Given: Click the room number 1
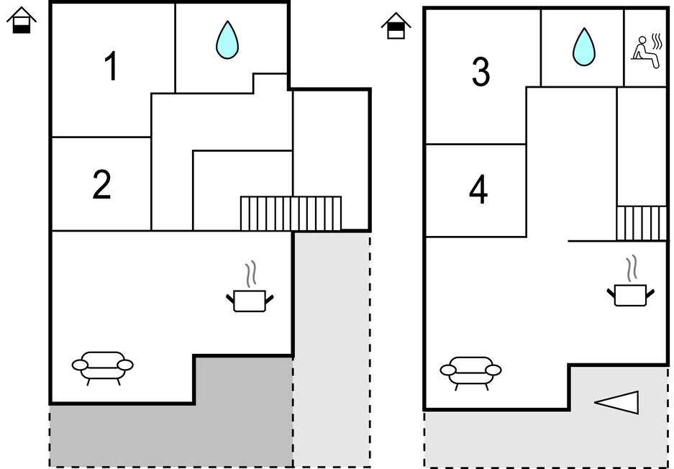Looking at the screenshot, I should coord(111,67).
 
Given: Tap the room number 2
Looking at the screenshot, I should coord(102,185).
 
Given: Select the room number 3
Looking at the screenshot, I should coord(481,72).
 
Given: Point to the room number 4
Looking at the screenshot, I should coord(478,191).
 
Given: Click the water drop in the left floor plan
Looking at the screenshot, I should coord(227,40).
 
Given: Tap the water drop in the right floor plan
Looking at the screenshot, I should coord(583,47).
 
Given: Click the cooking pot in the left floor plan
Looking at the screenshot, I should coord(250,300).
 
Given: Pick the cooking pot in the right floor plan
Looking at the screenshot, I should coord(631,294).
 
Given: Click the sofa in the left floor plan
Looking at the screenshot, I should coord(103,365).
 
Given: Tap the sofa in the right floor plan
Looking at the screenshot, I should coord(470,371).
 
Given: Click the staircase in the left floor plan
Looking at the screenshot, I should coord(291,213).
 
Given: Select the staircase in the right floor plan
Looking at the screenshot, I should coord(642,223).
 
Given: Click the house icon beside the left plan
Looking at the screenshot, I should coord(22,20).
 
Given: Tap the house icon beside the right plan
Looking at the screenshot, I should coord(396,26).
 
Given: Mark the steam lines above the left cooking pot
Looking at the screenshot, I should coord(250,274).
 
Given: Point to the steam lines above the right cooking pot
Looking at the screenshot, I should coord(632,268).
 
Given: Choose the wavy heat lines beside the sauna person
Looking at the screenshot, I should coord(656,42).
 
